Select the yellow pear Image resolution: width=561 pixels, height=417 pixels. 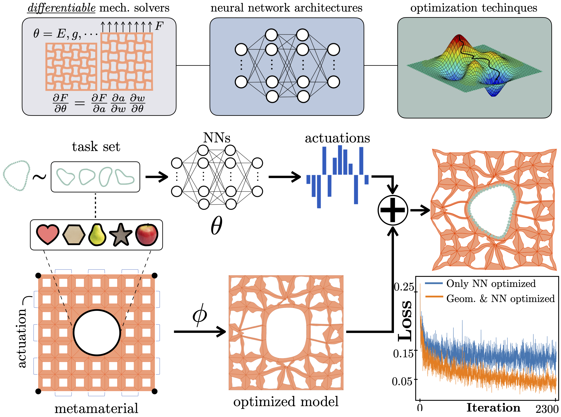(97, 235)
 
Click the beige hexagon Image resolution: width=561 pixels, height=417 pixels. (74, 235)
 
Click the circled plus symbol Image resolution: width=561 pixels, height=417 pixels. (392, 210)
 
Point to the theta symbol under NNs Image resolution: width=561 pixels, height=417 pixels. (216, 225)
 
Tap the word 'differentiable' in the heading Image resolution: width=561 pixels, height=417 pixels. (61, 8)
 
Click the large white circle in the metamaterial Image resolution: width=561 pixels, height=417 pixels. (97, 333)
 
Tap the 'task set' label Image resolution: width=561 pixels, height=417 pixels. (96, 147)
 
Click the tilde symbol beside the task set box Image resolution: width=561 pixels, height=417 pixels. (40, 177)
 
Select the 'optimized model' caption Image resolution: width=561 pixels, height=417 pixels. (286, 402)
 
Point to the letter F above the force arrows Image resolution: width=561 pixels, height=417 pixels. (159, 26)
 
